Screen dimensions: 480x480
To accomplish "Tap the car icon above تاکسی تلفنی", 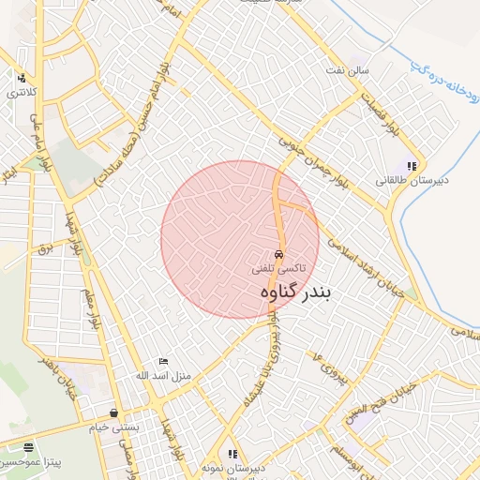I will [278, 254].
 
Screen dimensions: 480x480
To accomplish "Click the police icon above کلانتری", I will [21, 78].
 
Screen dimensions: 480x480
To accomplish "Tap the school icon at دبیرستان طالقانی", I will [411, 166].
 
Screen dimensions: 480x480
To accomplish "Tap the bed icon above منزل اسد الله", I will [163, 362].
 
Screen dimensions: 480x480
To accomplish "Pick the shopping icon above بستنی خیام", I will [113, 412].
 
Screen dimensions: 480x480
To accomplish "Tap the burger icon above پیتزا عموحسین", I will [28, 448].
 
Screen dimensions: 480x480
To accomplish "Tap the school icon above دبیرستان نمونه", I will [232, 454].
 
